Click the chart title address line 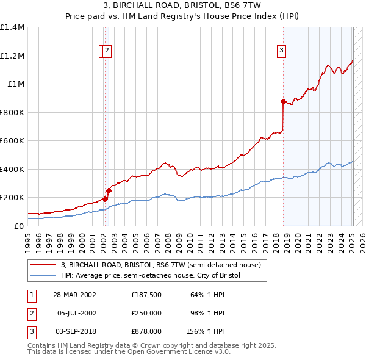[182, 5]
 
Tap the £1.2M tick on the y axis [13, 56]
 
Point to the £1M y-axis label [16, 84]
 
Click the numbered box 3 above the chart [282, 51]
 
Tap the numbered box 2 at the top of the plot [107, 51]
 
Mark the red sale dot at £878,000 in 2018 [283, 101]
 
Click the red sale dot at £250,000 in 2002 [109, 190]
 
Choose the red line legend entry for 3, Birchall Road [161, 265]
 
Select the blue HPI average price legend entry [151, 275]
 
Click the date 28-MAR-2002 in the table [75, 294]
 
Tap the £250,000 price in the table [146, 313]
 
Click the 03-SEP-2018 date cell [75, 331]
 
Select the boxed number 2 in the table [31, 313]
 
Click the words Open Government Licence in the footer [159, 351]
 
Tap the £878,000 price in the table [146, 331]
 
